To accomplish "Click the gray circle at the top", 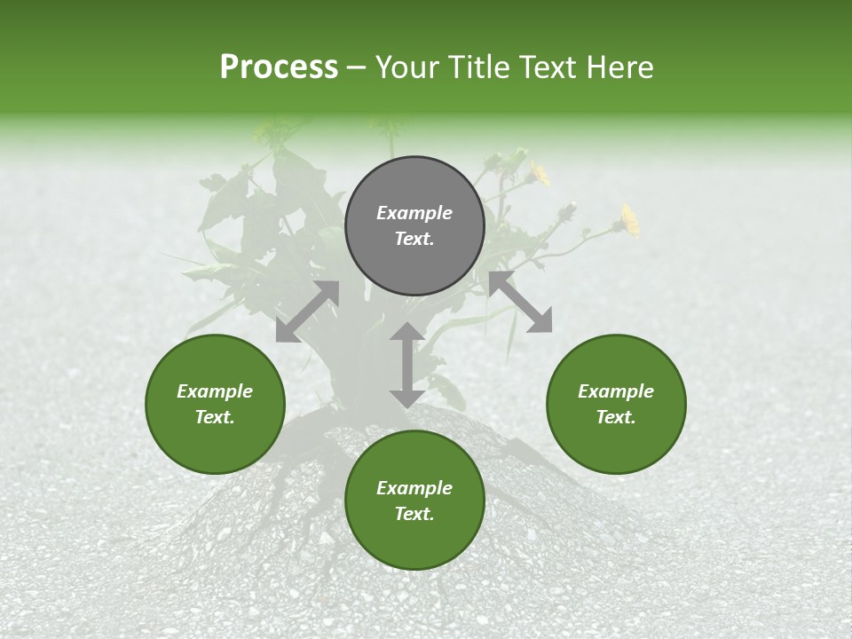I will (414, 226).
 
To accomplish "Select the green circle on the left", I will (215, 405).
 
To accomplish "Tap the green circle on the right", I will (616, 405).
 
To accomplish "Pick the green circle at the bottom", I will (414, 501).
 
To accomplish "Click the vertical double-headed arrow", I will (406, 365).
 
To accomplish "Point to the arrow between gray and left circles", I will (307, 312).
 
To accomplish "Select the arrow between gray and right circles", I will (521, 303).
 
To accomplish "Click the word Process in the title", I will (279, 67).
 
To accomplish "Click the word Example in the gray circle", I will (414, 213).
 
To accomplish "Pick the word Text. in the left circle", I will (215, 417).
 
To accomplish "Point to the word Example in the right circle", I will (616, 391).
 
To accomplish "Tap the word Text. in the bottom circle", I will (414, 514).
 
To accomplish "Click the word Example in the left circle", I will (215, 391).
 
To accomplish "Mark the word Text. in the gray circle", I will (414, 239).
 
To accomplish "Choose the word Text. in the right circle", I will (616, 417).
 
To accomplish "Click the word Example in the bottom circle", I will (414, 488).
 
